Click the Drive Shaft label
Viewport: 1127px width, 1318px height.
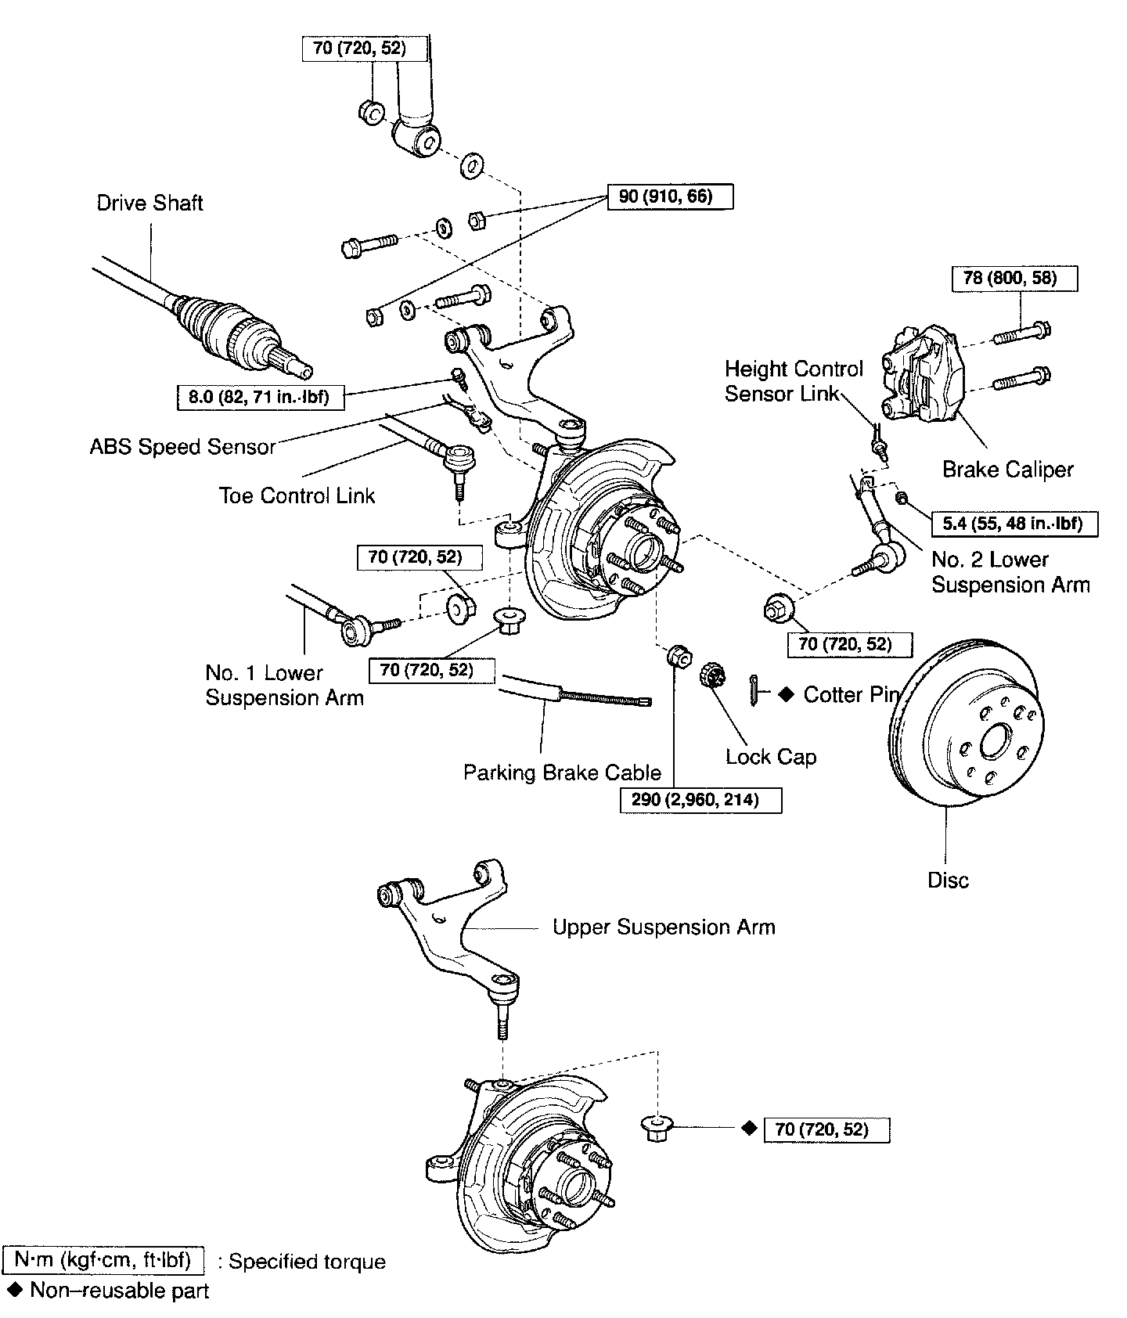(149, 203)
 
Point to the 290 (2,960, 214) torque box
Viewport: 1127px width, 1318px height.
(700, 800)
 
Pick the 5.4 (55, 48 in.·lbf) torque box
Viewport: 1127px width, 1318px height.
(1014, 524)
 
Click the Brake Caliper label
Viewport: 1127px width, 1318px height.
(1007, 470)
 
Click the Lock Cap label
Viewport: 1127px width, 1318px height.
(771, 757)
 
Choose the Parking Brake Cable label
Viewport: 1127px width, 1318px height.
(562, 772)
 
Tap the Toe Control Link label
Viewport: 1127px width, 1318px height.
(297, 495)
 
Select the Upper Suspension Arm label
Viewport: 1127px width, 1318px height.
(664, 927)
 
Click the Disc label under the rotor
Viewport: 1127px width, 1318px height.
(948, 880)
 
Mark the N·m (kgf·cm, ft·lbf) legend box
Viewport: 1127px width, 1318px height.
(104, 1261)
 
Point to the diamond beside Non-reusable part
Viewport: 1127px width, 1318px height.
(13, 1289)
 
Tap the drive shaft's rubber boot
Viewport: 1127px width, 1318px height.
(207, 321)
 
